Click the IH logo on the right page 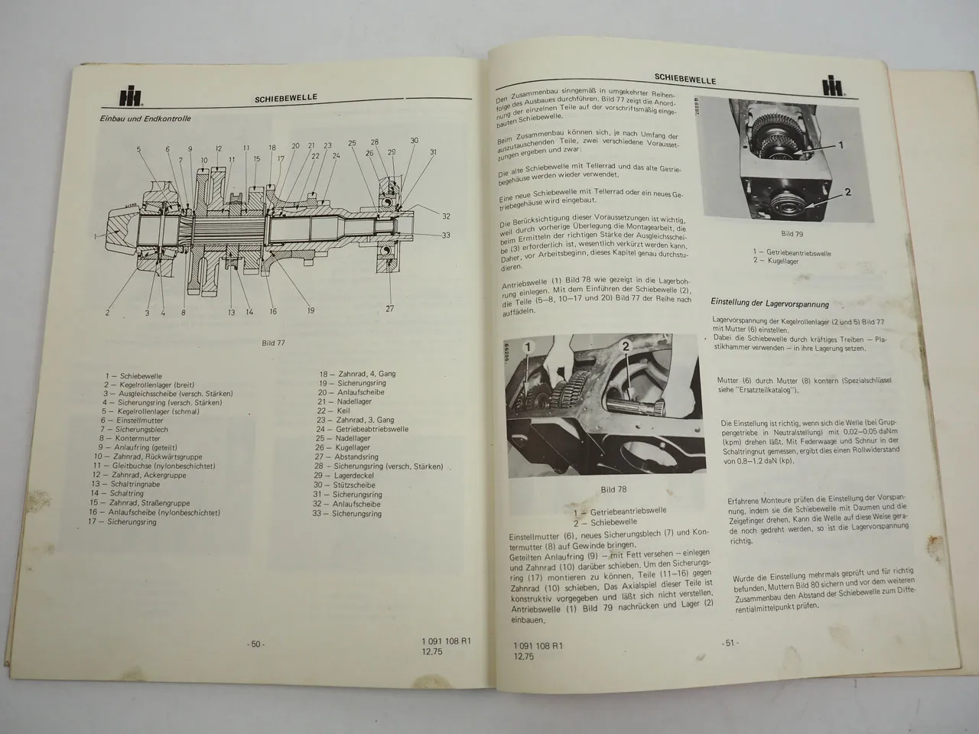pos(834,86)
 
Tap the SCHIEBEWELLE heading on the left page pos(287,98)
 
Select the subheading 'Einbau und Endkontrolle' pos(145,119)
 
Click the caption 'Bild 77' pos(273,343)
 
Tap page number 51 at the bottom pos(730,643)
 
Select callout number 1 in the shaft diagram pos(96,237)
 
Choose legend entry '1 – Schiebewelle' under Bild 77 pos(135,375)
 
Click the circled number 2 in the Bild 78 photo pos(626,346)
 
